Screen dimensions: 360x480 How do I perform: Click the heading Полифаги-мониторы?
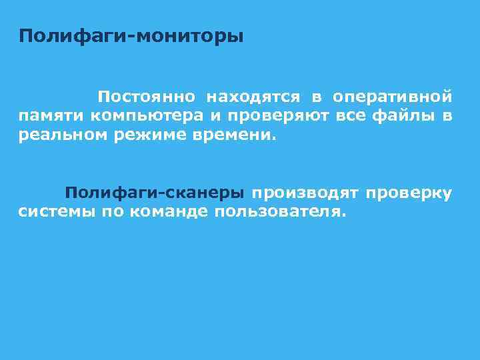tap(131, 35)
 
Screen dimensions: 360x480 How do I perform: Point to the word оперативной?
tap(393, 97)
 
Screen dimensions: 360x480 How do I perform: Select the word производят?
tap(305, 194)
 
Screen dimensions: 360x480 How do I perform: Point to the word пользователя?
tap(280, 212)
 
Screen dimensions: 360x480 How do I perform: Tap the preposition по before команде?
tap(111, 212)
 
